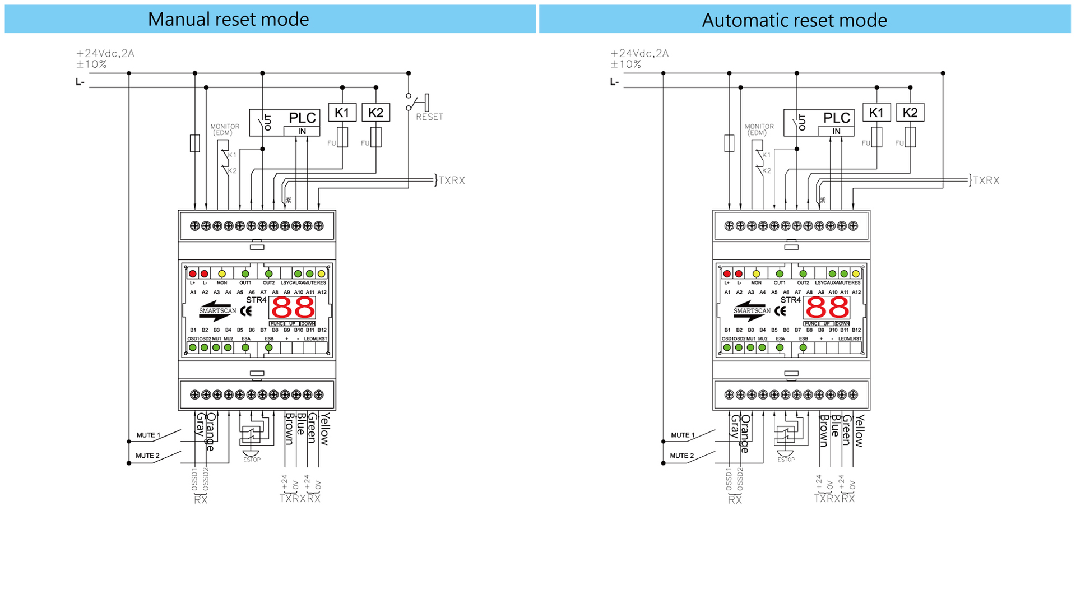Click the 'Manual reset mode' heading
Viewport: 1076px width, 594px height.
coord(228,19)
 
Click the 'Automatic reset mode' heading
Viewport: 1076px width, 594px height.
coord(794,20)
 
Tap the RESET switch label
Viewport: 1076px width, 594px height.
coord(429,117)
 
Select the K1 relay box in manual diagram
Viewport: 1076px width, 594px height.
coord(342,113)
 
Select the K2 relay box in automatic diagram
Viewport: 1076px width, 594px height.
coord(910,113)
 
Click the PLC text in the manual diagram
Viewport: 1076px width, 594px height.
coord(303,118)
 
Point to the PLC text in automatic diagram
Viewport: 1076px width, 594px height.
coord(837,118)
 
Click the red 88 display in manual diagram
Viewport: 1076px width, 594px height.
coord(293,308)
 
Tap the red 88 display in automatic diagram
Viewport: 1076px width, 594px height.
coord(827,308)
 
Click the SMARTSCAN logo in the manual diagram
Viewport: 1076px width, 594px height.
coord(217,310)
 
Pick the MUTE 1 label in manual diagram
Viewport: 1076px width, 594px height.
coord(148,435)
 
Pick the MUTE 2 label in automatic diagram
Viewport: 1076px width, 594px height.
coord(682,456)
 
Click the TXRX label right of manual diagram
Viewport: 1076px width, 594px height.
coord(451,180)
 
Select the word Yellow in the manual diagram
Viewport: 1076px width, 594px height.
coord(324,429)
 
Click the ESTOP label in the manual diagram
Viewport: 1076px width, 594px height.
coord(252,460)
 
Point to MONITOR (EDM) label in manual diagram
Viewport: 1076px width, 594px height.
coord(225,129)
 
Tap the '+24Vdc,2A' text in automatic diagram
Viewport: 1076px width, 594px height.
coord(639,53)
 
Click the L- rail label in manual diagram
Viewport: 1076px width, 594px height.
coord(80,82)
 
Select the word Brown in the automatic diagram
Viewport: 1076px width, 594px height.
coord(824,430)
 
